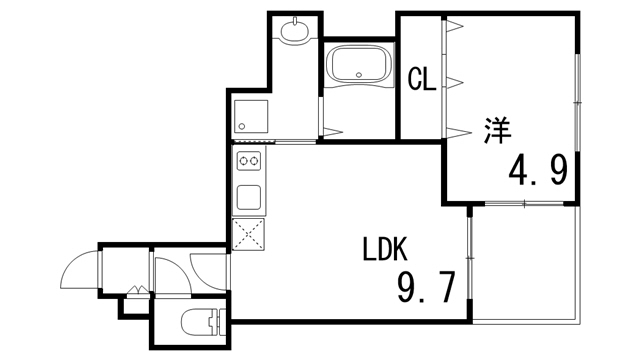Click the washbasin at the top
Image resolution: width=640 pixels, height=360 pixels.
[x=295, y=30]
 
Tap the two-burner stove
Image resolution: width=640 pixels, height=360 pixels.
[x=249, y=160]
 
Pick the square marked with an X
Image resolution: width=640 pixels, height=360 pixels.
[x=249, y=233]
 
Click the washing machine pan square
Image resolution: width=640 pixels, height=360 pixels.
[x=250, y=117]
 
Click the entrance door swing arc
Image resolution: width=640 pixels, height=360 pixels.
[x=80, y=268]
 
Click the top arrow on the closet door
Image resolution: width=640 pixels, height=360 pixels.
[x=452, y=28]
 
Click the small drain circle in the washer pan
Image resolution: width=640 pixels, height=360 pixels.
[x=242, y=126]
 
